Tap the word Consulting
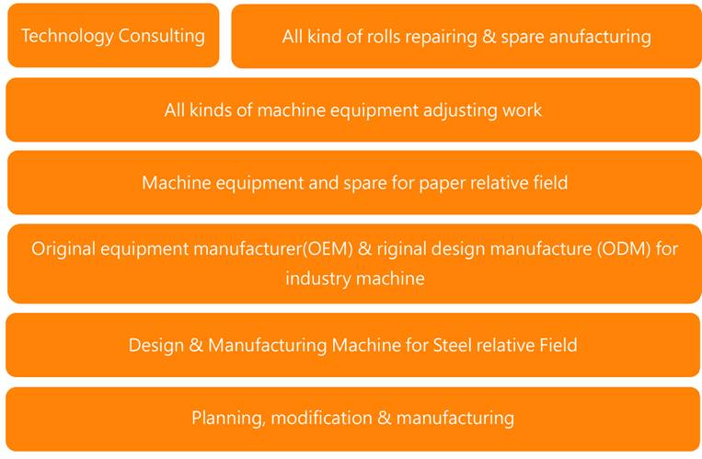pos(161,37)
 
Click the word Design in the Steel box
pos(155,346)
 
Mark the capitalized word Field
pos(555,346)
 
